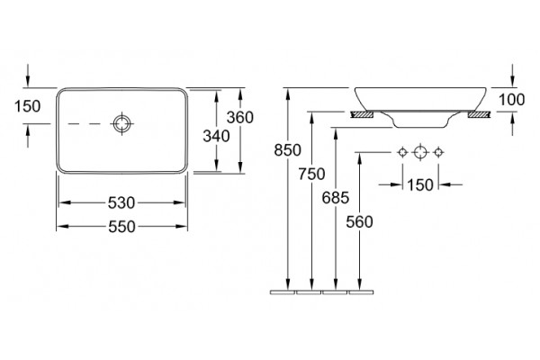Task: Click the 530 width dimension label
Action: (x=121, y=202)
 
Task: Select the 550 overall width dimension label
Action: (x=121, y=227)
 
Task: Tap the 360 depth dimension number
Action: (x=240, y=118)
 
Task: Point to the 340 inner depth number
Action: (x=216, y=136)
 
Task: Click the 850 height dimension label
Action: (x=288, y=150)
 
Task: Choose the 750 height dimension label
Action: (x=311, y=174)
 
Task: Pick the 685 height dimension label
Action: (x=336, y=198)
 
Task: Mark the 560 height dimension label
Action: (x=359, y=222)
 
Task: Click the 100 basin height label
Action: (x=512, y=100)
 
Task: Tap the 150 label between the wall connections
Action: (x=420, y=185)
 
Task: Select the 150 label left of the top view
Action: (x=27, y=106)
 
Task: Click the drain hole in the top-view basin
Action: (x=121, y=123)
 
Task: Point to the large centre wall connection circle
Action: (x=420, y=152)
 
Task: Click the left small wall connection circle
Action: (x=402, y=152)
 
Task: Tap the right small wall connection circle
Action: (x=438, y=152)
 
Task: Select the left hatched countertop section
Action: (x=362, y=114)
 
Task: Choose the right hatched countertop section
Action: (x=479, y=114)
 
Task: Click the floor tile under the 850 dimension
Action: (x=283, y=292)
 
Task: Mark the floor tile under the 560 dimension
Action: (x=361, y=292)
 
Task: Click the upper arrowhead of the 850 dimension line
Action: (x=288, y=93)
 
